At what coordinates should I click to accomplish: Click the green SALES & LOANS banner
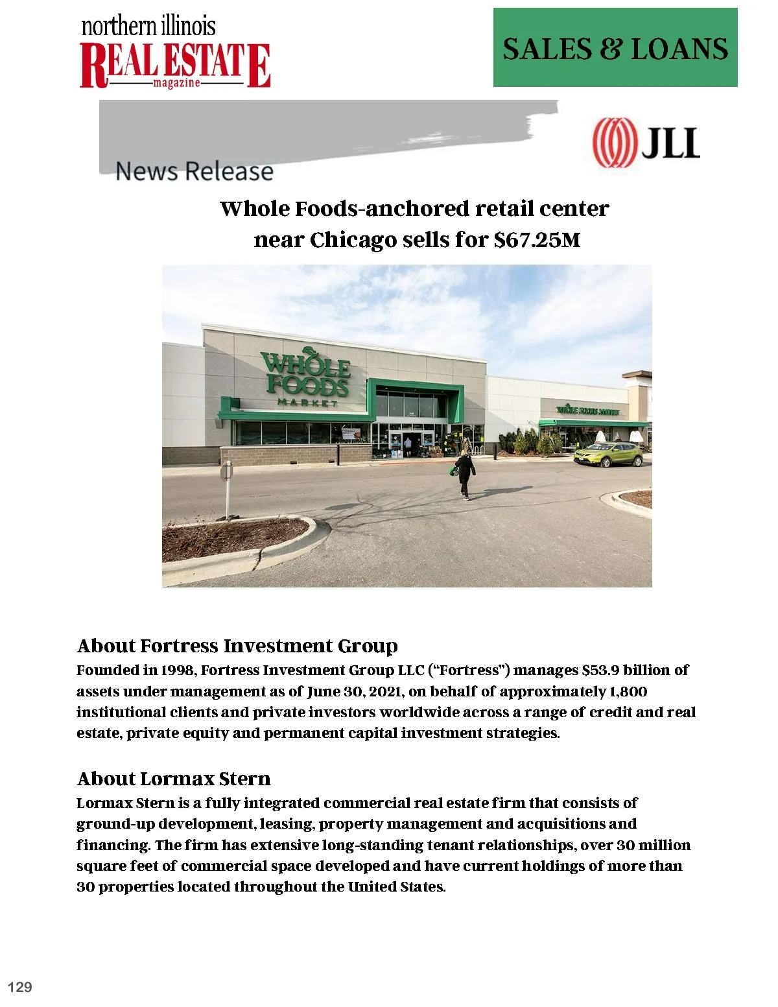tap(615, 48)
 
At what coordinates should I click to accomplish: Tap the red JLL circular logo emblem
tap(613, 143)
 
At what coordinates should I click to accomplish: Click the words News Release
tap(194, 172)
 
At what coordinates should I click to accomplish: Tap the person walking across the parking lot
tap(465, 473)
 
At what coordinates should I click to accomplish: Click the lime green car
tap(608, 454)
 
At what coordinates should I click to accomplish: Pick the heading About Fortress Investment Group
tap(237, 646)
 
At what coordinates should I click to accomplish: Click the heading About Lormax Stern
tap(174, 779)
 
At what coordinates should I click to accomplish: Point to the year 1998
tap(178, 670)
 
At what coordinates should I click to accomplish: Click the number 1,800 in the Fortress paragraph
tap(628, 691)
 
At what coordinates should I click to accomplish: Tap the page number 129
tap(20, 987)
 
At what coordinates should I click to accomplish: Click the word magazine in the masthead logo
tap(176, 84)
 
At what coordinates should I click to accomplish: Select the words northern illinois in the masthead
tap(148, 27)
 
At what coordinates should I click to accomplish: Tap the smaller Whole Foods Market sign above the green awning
tap(588, 410)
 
